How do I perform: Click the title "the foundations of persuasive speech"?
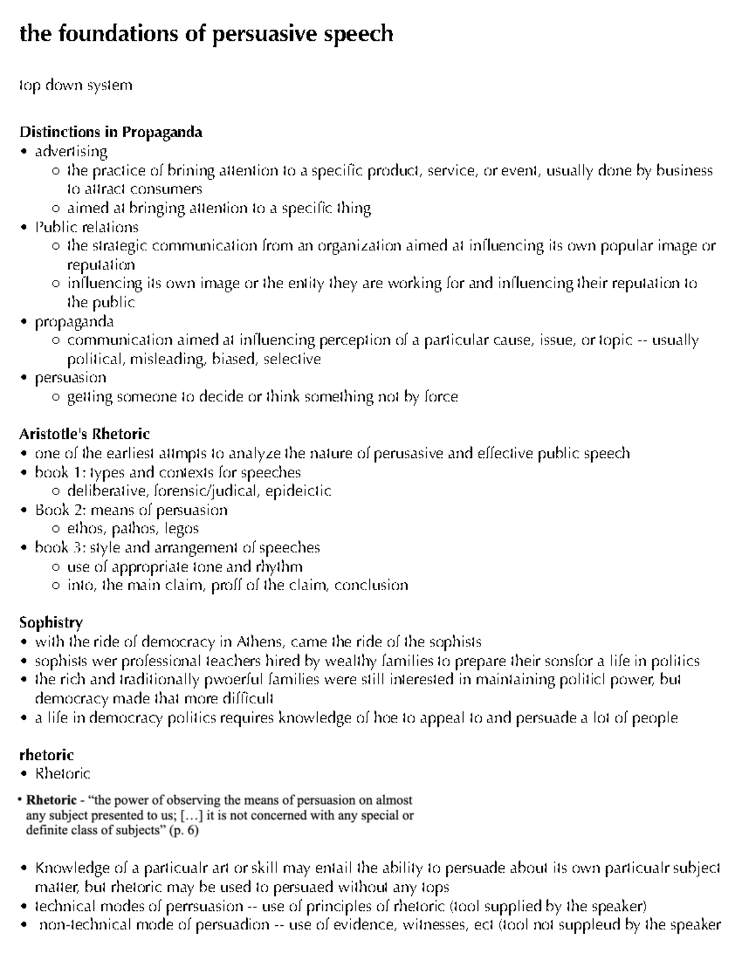206,33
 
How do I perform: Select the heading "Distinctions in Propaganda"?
111,132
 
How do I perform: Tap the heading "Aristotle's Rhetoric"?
84,434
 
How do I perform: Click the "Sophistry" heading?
51,622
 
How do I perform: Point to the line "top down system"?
75,85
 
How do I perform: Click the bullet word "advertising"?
71,151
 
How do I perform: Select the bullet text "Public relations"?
87,227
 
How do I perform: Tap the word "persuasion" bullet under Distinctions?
70,378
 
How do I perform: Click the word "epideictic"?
298,491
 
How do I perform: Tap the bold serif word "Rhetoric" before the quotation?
51,800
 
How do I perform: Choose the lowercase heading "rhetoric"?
46,755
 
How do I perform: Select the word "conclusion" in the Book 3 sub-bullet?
371,585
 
